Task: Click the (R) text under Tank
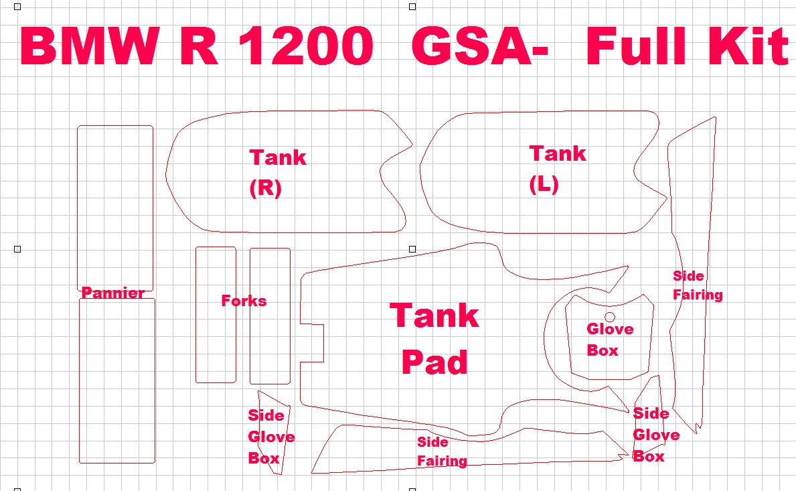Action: (265, 189)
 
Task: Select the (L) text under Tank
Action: (544, 185)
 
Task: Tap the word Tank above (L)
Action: (558, 153)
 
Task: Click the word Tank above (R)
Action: (278, 157)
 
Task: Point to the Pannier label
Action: (112, 293)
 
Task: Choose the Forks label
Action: (244, 301)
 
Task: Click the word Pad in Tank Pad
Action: (434, 362)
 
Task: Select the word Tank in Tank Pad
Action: (434, 315)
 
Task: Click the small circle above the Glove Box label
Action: (610, 316)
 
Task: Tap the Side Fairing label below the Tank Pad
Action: (441, 451)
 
